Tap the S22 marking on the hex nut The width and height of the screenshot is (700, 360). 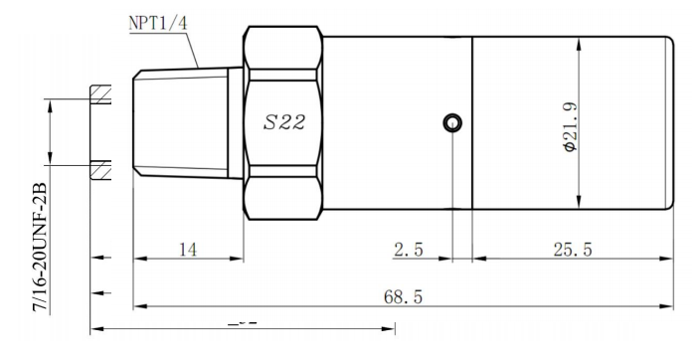coord(283,124)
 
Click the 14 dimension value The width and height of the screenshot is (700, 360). coord(186,250)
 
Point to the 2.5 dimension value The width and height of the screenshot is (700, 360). coord(408,250)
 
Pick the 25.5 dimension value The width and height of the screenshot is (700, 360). coord(573,250)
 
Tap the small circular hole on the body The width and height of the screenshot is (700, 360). coord(452,123)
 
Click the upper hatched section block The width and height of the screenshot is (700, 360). coord(101,93)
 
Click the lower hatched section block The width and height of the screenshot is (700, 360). coord(101,169)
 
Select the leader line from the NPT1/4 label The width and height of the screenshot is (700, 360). coord(197,48)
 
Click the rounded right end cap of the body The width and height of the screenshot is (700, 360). coord(668,123)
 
